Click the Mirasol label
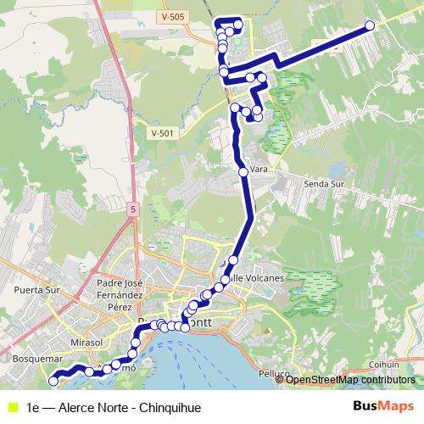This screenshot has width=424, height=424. point(86,341)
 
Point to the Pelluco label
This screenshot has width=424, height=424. point(276,373)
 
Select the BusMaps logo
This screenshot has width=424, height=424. point(382,405)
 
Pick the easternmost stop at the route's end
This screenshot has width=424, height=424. point(370,25)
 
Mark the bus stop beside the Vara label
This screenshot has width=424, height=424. point(243,172)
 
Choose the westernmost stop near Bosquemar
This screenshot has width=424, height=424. point(53,382)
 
